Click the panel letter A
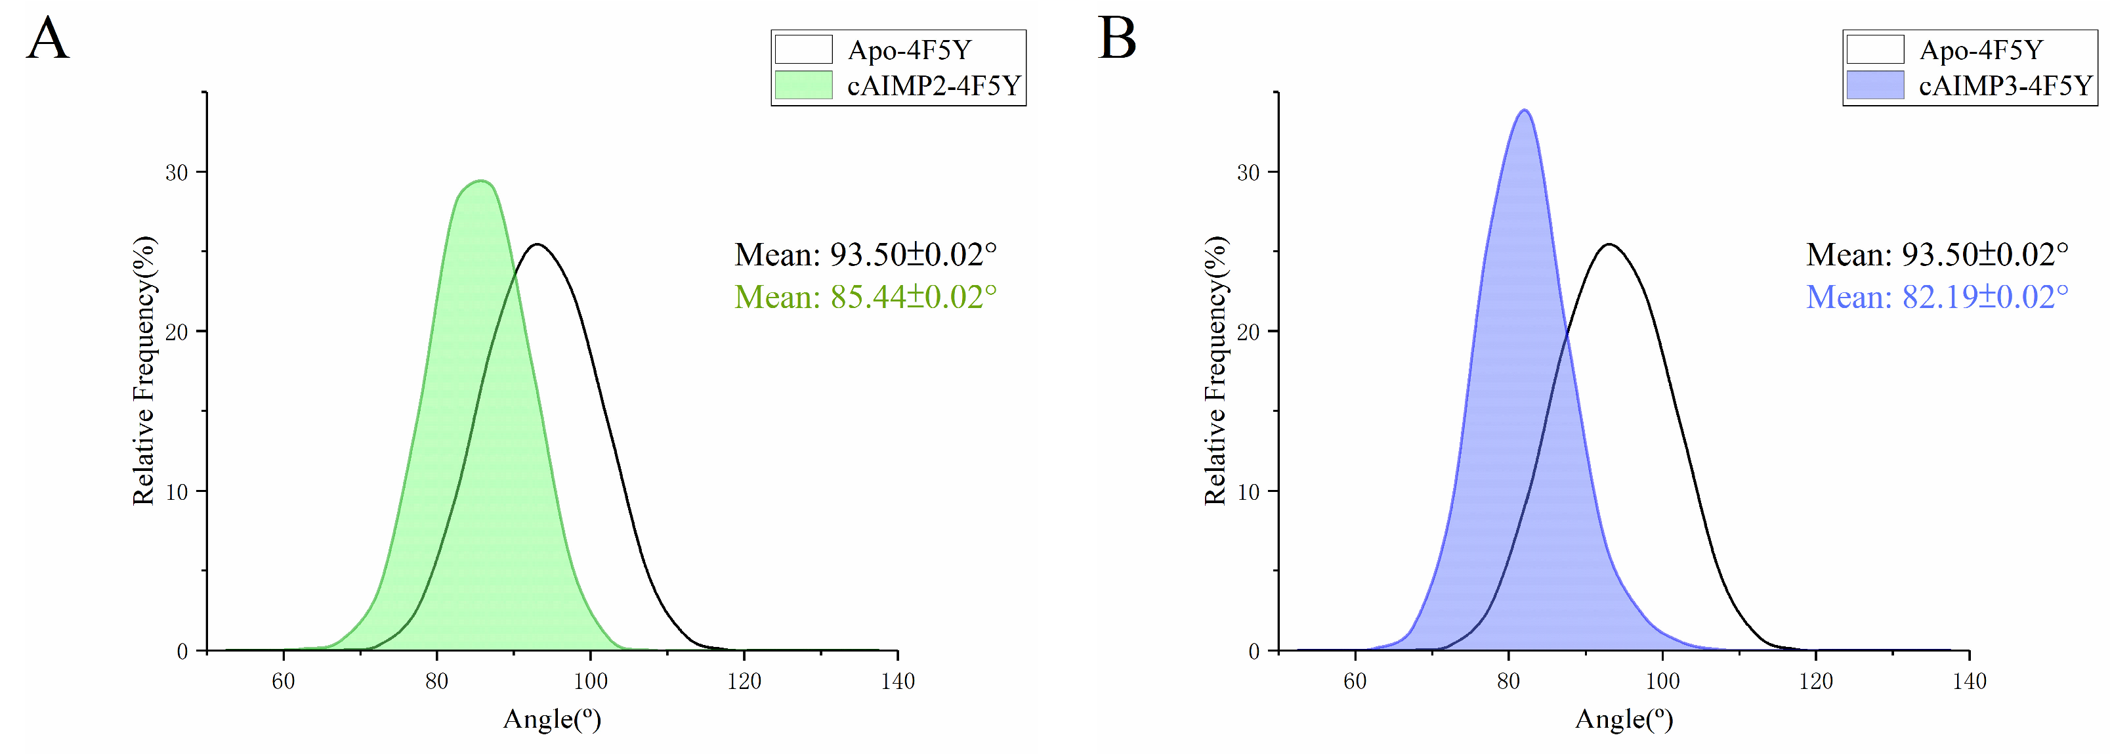pos(47,39)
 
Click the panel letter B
pos(1117,39)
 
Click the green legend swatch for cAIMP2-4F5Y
pos(803,85)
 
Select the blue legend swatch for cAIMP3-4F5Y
pos(1875,85)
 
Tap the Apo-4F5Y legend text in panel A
pos(909,50)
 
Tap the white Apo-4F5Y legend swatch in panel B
pos(1875,49)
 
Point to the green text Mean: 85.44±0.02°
pos(865,297)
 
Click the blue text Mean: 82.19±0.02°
pos(1936,297)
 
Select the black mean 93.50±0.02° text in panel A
pos(865,255)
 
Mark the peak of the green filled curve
pos(482,181)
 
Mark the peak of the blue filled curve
pos(1525,110)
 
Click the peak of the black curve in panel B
pos(1609,244)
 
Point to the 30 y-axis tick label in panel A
pos(177,172)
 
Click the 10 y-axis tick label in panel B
pos(1248,492)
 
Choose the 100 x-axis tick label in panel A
pos(590,681)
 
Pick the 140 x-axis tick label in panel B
pos(1969,681)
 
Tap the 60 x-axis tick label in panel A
pos(284,681)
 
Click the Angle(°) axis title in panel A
pos(552,719)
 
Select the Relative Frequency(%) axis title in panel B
pos(1215,370)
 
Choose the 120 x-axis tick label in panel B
pos(1816,681)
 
